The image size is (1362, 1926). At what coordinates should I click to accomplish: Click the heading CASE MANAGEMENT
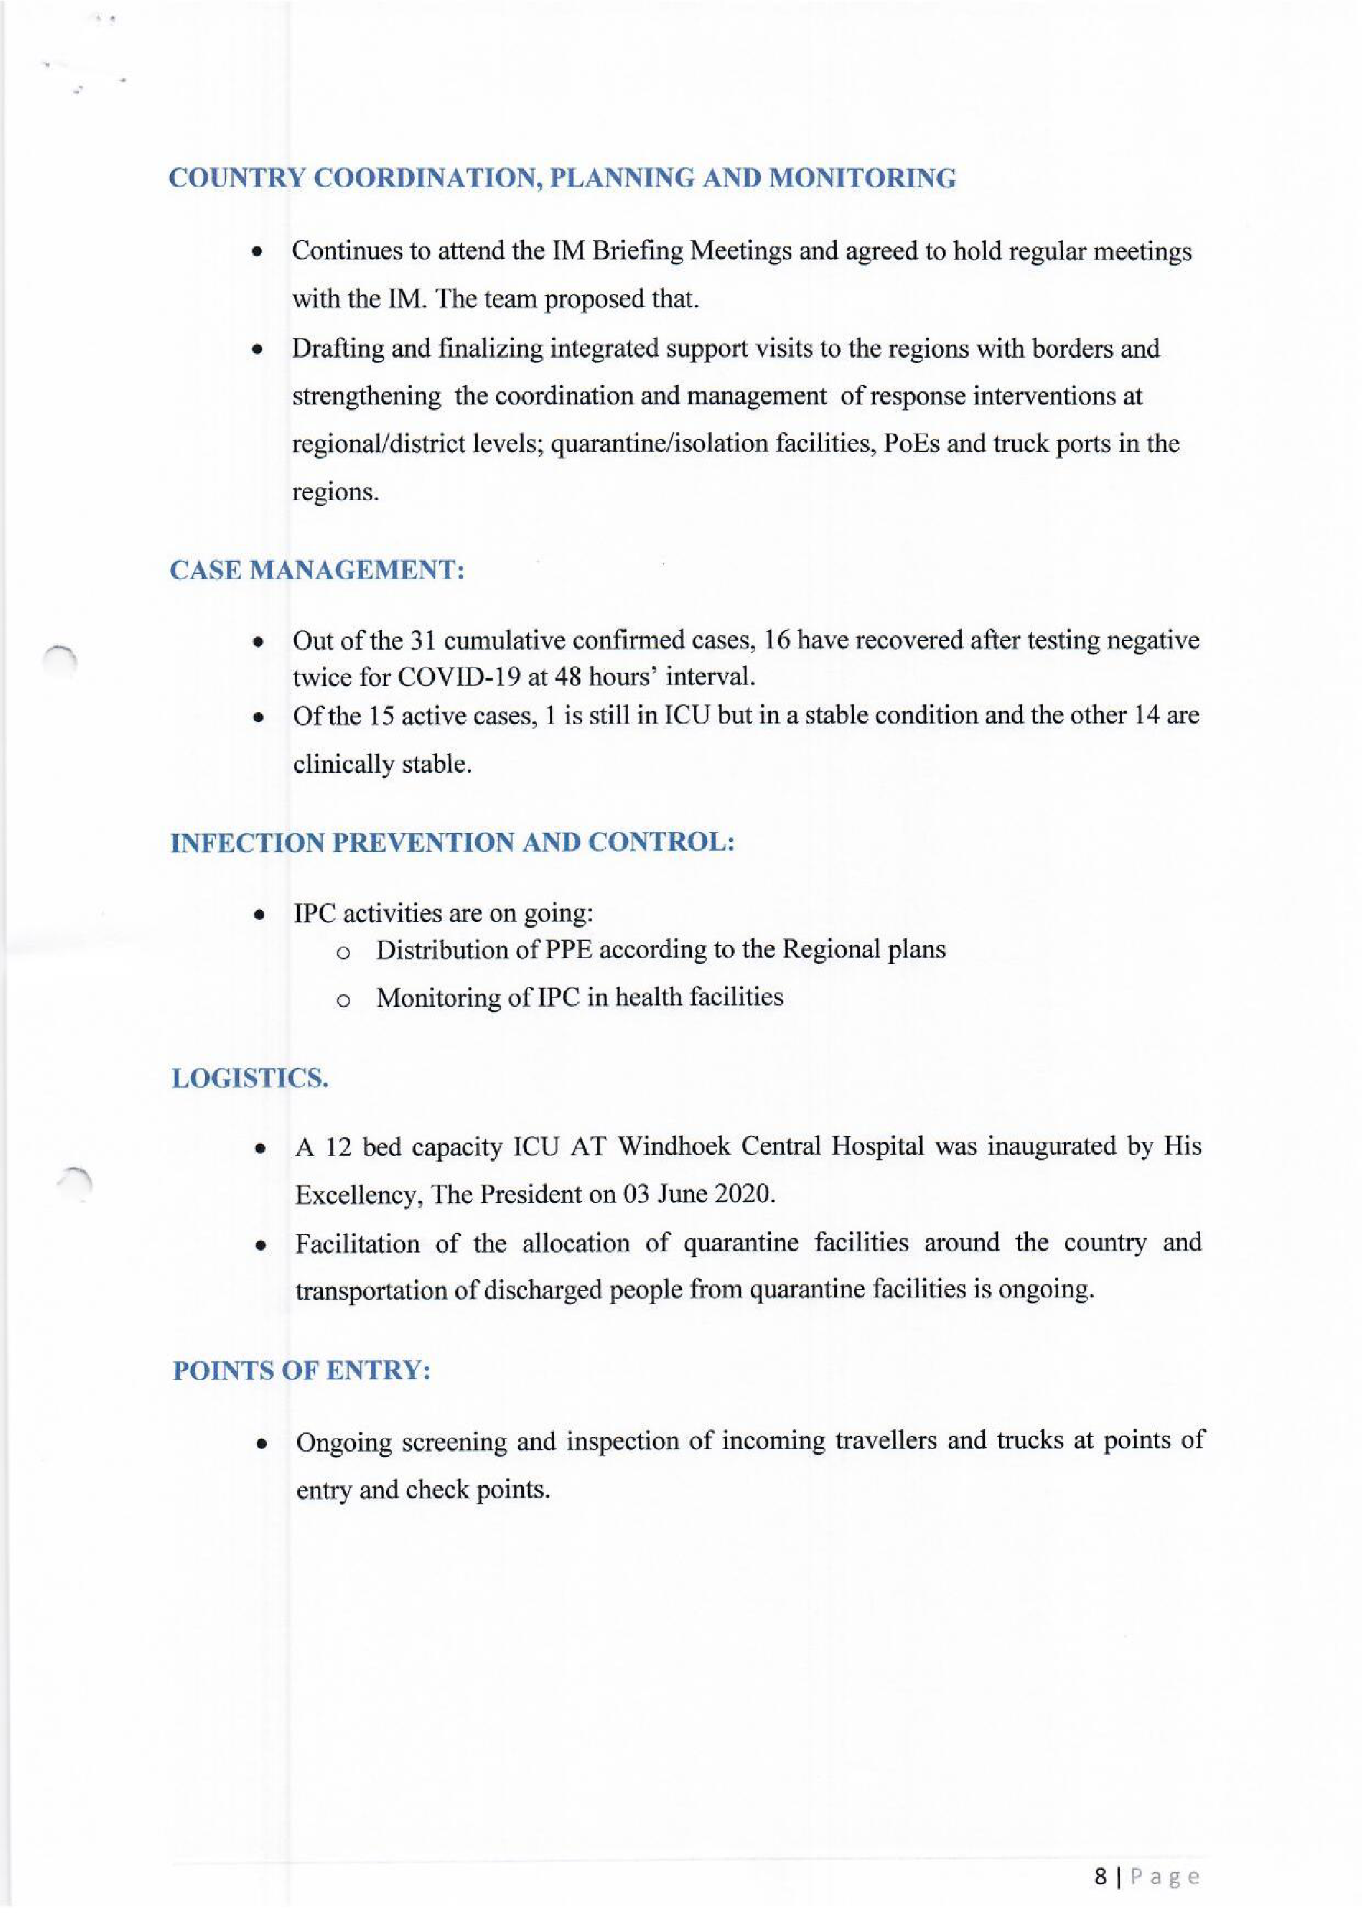[317, 571]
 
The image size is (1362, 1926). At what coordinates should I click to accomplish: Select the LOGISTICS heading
[250, 1078]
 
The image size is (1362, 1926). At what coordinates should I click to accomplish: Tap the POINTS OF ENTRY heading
[302, 1371]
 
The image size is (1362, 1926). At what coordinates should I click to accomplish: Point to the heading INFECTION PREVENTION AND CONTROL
[453, 842]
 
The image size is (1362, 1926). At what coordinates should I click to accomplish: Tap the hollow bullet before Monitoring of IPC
[342, 1000]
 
